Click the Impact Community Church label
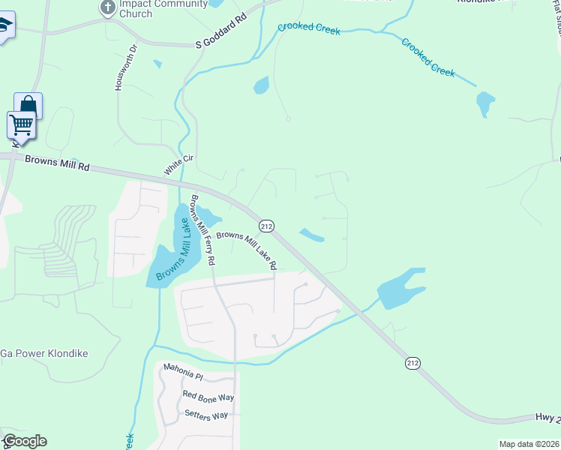pyautogui.click(x=153, y=8)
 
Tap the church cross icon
pyautogui.click(x=107, y=7)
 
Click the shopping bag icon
pyautogui.click(x=28, y=105)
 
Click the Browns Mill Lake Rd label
pyautogui.click(x=247, y=250)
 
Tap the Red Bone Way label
pyautogui.click(x=208, y=396)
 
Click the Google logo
pyautogui.click(x=24, y=441)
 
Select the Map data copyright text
pyautogui.click(x=529, y=443)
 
